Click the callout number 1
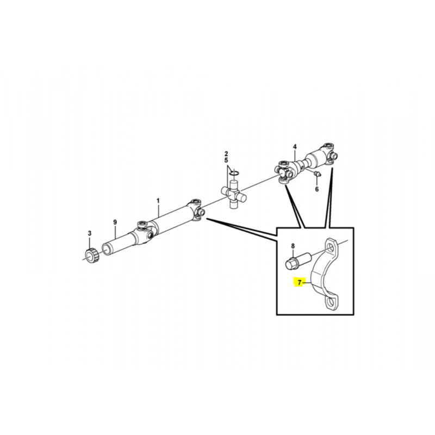pos(158,201)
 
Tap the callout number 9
pos(115,222)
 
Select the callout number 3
pos(90,233)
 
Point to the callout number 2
pos(226,154)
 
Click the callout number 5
pos(226,160)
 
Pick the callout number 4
pos(295,146)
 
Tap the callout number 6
pos(317,189)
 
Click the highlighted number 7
pos(300,283)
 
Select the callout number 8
pos(293,246)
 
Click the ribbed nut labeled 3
pos(91,255)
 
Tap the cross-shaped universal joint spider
pos(234,194)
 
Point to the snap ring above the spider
pos(234,173)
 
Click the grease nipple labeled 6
pos(318,174)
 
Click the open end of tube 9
pos(107,249)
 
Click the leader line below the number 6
pos(317,181)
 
